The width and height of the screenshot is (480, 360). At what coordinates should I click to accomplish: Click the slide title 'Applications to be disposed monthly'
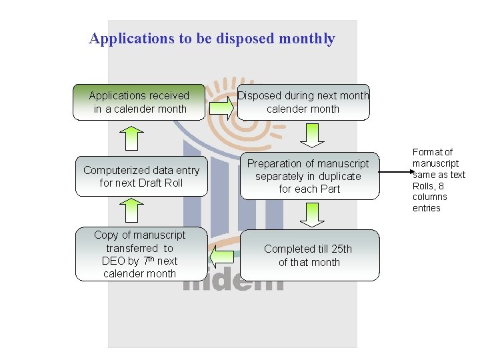[212, 39]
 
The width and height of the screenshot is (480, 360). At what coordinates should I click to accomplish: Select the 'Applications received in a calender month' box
[139, 102]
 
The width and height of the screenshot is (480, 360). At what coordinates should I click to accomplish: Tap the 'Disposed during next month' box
[303, 102]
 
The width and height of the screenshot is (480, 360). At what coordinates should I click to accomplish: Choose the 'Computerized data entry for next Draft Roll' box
[141, 177]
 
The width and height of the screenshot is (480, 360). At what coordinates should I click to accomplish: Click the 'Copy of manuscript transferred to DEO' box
[140, 254]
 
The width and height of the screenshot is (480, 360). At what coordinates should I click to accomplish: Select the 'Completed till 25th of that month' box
[309, 255]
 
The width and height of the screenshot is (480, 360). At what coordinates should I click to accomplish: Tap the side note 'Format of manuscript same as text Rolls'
[438, 180]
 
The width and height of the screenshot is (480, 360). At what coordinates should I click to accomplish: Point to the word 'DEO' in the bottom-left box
[115, 261]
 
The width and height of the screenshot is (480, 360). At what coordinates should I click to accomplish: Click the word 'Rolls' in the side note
[425, 186]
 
